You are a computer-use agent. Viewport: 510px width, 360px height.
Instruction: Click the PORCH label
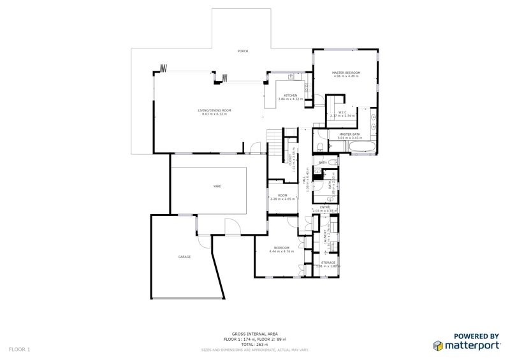(x=242, y=51)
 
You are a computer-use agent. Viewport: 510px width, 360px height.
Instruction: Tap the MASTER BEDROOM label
(x=346, y=73)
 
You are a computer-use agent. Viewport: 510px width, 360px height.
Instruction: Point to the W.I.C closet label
(x=342, y=113)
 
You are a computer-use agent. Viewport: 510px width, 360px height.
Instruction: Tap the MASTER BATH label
(x=350, y=134)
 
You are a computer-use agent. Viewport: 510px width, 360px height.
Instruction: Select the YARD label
(x=217, y=186)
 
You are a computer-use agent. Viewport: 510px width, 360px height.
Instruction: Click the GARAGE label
(x=184, y=256)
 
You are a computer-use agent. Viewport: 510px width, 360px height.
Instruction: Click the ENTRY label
(x=324, y=207)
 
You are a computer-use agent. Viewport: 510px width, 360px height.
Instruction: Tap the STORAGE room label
(x=328, y=263)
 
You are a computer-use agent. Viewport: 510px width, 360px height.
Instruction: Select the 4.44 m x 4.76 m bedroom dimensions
(x=281, y=251)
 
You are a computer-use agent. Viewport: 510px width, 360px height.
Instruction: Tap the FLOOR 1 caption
(x=19, y=349)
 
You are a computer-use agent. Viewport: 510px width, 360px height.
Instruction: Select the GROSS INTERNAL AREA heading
(x=254, y=334)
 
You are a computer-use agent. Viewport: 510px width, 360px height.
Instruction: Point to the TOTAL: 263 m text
(x=254, y=344)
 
